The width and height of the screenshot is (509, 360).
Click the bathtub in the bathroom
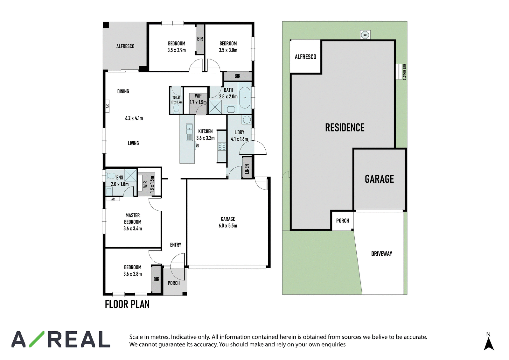tap(245, 98)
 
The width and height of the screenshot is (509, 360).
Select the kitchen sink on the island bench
tap(189, 132)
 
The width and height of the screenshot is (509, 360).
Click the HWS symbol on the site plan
tap(365, 35)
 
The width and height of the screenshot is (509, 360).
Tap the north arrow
tap(489, 344)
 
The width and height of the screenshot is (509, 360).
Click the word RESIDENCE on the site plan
tap(345, 127)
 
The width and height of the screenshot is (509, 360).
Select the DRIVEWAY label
tap(382, 254)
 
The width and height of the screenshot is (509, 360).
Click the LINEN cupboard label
tap(247, 169)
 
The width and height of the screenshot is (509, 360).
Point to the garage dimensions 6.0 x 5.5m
tap(228, 226)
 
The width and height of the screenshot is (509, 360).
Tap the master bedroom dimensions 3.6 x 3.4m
tap(133, 229)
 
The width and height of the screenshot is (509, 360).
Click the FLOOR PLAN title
tap(127, 304)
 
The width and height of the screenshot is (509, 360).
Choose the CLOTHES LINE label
tap(404, 72)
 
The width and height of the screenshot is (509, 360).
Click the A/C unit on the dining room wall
tap(108, 106)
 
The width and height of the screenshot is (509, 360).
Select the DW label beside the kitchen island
tap(198, 145)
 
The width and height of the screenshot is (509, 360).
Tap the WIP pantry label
tap(198, 96)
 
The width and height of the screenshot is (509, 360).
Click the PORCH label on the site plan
tap(342, 221)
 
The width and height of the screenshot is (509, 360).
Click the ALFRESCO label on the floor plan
tap(125, 46)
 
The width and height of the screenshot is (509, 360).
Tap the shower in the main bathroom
tap(215, 107)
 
